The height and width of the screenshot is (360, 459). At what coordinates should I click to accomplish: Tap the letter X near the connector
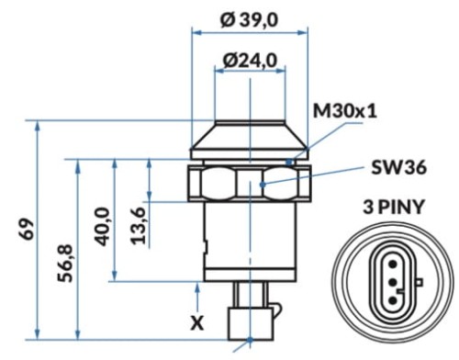[196, 323]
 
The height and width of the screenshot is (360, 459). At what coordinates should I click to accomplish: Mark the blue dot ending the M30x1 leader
[288, 162]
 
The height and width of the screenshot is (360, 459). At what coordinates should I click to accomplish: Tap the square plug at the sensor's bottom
[249, 322]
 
